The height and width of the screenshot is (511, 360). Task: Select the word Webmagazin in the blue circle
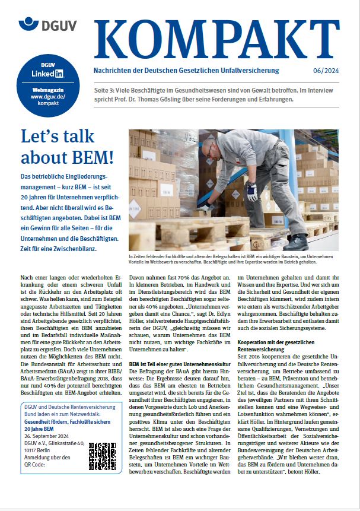47,89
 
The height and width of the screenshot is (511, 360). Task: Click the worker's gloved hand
251,193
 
